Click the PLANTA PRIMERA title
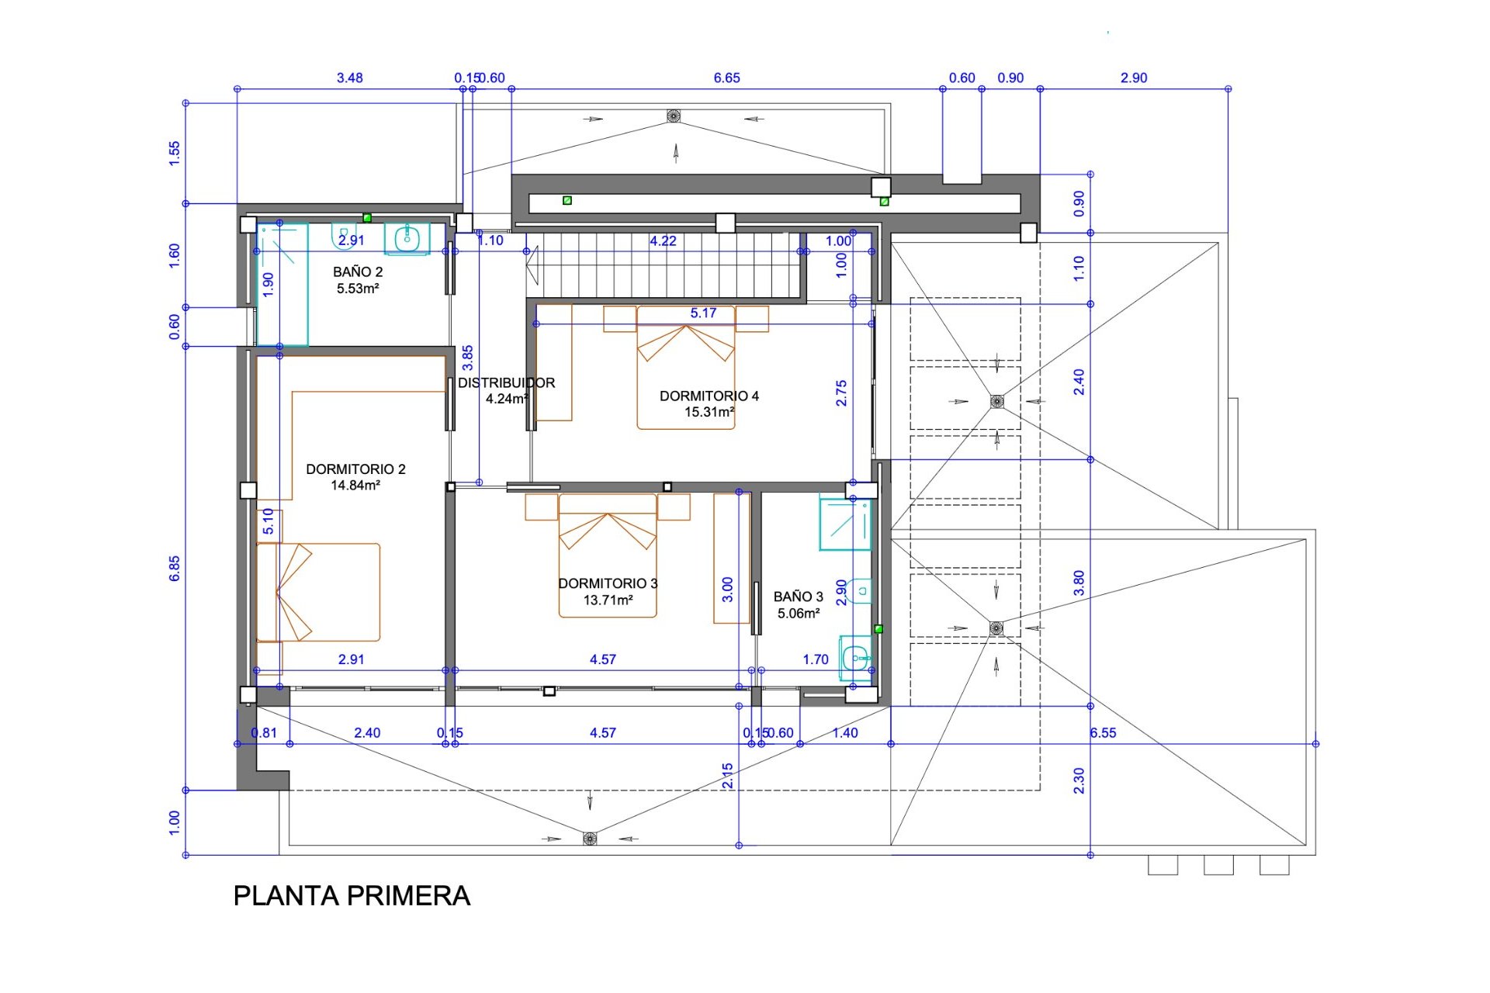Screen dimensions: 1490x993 click(x=352, y=896)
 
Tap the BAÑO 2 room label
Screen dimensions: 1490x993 click(x=358, y=272)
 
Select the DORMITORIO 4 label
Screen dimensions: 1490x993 click(x=709, y=396)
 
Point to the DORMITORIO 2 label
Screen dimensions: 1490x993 click(x=355, y=469)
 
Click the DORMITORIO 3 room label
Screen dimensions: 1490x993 click(x=608, y=583)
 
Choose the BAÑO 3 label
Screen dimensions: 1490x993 click(x=799, y=597)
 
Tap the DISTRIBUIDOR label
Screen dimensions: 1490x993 click(x=506, y=382)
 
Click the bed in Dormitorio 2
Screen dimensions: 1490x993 click(x=318, y=592)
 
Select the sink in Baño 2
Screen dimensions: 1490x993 click(x=407, y=238)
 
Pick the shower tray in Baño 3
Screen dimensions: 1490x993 click(x=845, y=524)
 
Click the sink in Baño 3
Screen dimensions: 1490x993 click(x=856, y=659)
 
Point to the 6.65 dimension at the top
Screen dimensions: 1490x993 click(x=726, y=78)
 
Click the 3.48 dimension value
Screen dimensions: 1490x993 click(x=349, y=78)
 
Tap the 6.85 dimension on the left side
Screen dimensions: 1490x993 click(x=175, y=568)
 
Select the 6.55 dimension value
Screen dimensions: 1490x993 click(x=1103, y=733)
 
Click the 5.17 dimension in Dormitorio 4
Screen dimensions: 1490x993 click(x=703, y=313)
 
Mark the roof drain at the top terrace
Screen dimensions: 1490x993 click(x=674, y=116)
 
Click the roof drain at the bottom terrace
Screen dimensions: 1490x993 click(x=590, y=838)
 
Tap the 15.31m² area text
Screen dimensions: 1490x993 click(x=709, y=412)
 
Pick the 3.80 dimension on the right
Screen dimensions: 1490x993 click(x=1079, y=583)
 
